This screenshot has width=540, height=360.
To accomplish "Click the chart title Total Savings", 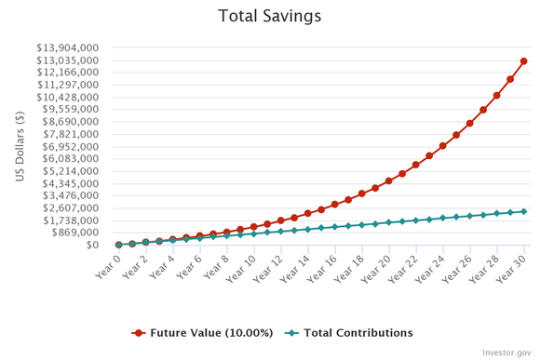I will click(x=269, y=16).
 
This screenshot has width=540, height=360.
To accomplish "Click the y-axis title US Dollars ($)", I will click(x=20, y=146).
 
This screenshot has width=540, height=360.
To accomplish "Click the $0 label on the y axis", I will click(x=95, y=246).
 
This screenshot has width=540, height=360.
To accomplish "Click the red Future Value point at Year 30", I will click(x=524, y=61).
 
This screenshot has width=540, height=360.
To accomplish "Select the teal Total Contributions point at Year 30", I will click(x=524, y=211).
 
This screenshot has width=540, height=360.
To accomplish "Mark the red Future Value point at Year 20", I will click(x=389, y=181).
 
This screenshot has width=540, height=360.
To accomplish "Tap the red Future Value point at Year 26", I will click(x=470, y=123).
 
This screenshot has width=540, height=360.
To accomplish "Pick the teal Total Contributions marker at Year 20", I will click(x=389, y=222).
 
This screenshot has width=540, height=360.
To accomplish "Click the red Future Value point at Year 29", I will click(x=510, y=79).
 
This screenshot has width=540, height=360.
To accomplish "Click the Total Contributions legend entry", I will click(x=347, y=333).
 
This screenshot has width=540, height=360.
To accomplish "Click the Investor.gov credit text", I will click(x=507, y=352).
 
